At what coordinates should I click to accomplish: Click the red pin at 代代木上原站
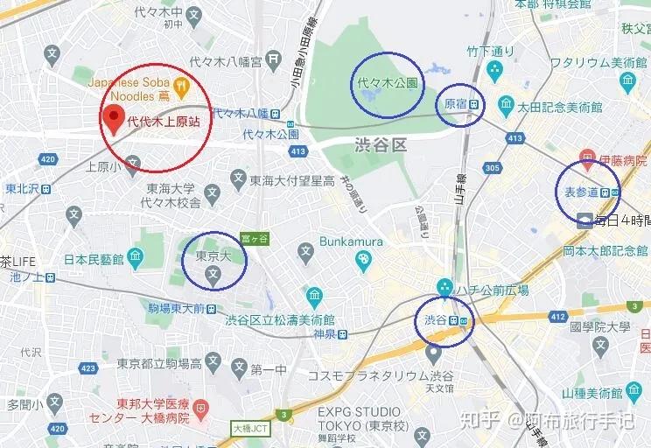coord(112,116)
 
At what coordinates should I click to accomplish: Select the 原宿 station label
coord(455,104)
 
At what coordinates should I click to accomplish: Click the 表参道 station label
coord(581,192)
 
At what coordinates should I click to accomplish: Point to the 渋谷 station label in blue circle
coord(436,319)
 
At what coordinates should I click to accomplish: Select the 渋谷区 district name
coord(381,144)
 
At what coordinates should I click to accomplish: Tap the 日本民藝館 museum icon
coord(134,259)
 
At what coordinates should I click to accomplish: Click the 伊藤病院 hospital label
coord(623,161)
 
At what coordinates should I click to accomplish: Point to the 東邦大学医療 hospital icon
coord(201,408)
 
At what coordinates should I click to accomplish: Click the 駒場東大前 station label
coord(176,308)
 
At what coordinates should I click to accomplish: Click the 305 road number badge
coord(492,167)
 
